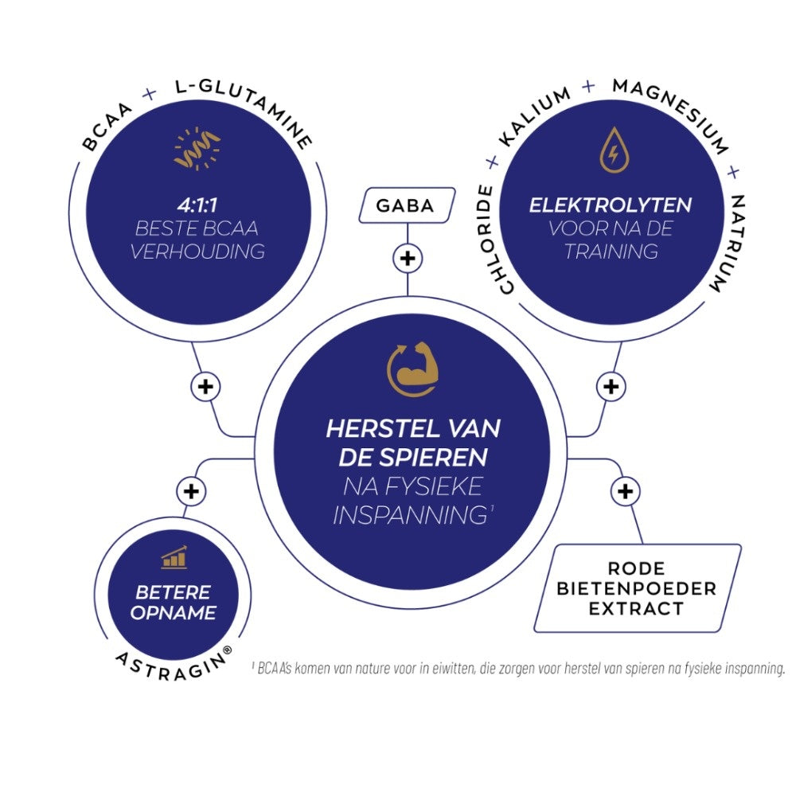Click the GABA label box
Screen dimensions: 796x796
(x=406, y=205)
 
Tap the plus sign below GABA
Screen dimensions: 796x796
(x=408, y=258)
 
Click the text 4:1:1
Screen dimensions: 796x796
(x=200, y=205)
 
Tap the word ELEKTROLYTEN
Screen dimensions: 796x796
(x=611, y=205)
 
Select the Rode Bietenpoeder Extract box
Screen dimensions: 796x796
(x=637, y=588)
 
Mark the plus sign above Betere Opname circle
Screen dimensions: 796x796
(x=190, y=491)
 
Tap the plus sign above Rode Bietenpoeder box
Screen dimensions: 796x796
(x=625, y=491)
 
